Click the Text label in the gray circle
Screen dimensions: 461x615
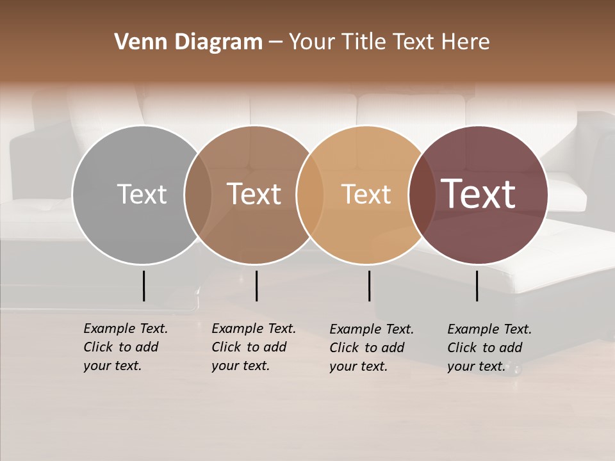click(x=142, y=194)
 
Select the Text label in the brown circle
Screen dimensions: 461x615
click(x=254, y=194)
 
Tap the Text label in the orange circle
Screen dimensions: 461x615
click(x=366, y=194)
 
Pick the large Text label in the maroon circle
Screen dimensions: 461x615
click(x=478, y=194)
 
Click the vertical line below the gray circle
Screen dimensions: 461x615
click(x=143, y=286)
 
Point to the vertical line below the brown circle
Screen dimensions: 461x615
click(x=256, y=286)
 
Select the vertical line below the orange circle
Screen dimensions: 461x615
click(x=369, y=286)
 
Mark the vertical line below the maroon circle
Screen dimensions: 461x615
click(x=477, y=286)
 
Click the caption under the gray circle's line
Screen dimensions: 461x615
click(x=125, y=347)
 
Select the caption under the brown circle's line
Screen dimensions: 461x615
click(x=253, y=347)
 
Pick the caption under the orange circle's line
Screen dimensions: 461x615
click(x=371, y=348)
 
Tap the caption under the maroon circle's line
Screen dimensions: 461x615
click(x=489, y=348)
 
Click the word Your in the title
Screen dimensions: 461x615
click(x=312, y=42)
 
